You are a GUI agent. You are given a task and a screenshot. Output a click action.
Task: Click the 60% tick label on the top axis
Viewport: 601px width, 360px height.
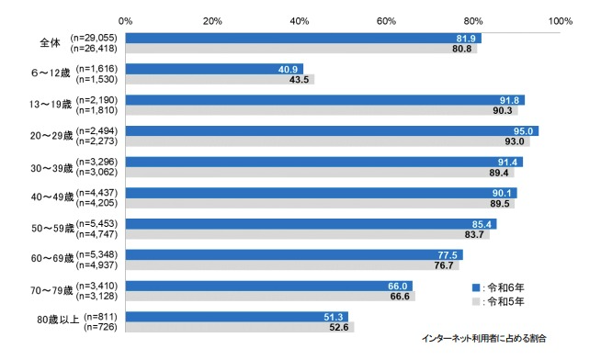(386, 21)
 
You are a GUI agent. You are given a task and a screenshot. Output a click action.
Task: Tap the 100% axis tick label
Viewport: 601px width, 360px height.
(561, 21)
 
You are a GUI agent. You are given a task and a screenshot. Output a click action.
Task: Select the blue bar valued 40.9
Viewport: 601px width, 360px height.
(214, 69)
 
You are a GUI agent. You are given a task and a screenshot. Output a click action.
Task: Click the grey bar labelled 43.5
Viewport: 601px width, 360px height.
(220, 80)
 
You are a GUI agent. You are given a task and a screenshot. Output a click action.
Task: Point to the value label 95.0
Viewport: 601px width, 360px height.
(523, 131)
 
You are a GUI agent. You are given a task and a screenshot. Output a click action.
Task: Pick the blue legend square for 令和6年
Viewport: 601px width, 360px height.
(476, 287)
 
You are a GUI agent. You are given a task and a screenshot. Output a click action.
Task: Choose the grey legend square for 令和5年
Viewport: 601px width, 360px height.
(476, 302)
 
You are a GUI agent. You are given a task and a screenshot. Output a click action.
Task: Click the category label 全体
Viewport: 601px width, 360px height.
(51, 43)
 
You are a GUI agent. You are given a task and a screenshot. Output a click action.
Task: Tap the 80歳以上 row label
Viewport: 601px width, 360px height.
(58, 320)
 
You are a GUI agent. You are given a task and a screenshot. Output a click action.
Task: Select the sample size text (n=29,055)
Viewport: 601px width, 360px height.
(94, 38)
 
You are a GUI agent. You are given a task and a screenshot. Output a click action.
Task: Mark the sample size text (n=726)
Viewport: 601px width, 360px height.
(100, 328)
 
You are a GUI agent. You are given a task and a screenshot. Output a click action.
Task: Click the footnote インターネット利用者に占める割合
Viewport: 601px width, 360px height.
(483, 339)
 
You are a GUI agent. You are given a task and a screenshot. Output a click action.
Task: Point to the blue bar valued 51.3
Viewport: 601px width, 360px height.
(237, 317)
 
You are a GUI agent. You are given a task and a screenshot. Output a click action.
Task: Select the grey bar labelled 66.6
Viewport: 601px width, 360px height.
(270, 297)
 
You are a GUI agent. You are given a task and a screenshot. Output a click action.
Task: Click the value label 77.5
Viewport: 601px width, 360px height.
(448, 255)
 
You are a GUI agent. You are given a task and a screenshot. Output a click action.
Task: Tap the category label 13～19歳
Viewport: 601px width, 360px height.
(51, 105)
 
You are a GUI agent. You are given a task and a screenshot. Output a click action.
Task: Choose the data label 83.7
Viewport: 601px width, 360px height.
(474, 234)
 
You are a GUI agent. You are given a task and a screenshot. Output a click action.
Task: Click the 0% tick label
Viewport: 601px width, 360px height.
(125, 21)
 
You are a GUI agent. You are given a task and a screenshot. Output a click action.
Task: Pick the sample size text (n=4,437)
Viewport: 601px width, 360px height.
(96, 193)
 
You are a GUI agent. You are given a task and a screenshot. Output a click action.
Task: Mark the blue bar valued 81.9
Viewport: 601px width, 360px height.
(303, 39)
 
